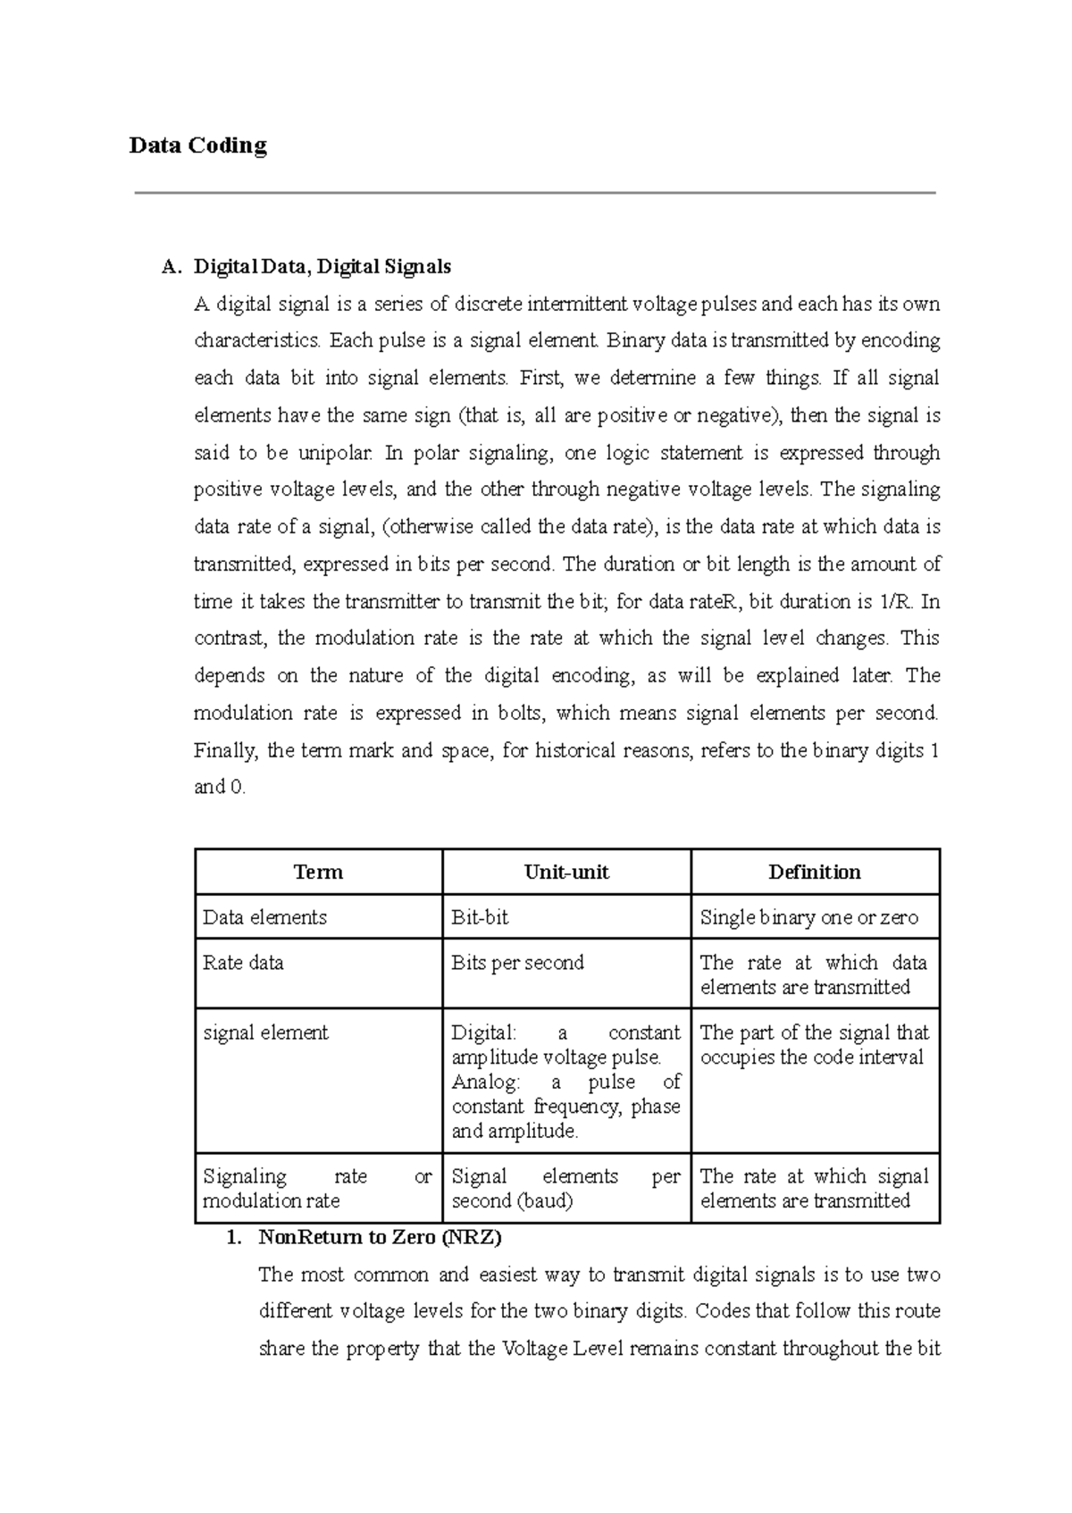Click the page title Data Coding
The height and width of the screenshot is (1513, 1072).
[197, 146]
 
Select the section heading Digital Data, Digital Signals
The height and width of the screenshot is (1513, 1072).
[322, 266]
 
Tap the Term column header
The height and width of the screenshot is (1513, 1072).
[318, 872]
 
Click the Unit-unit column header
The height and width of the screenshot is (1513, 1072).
[566, 872]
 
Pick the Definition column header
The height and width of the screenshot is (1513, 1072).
[815, 872]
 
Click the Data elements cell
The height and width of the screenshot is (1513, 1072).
[265, 917]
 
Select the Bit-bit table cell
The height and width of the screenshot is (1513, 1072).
[481, 917]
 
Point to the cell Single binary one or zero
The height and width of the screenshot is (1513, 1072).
[808, 917]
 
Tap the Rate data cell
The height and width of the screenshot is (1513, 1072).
[243, 963]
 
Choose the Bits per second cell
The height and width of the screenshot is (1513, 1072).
[518, 963]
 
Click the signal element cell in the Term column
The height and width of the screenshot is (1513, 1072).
[265, 1032]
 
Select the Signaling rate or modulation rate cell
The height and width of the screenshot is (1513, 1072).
[317, 1189]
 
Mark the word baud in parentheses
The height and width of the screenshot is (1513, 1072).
[543, 1201]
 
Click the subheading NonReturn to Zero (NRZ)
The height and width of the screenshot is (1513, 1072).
[380, 1238]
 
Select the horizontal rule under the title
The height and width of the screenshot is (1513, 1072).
[534, 193]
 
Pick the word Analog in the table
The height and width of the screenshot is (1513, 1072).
[485, 1083]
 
